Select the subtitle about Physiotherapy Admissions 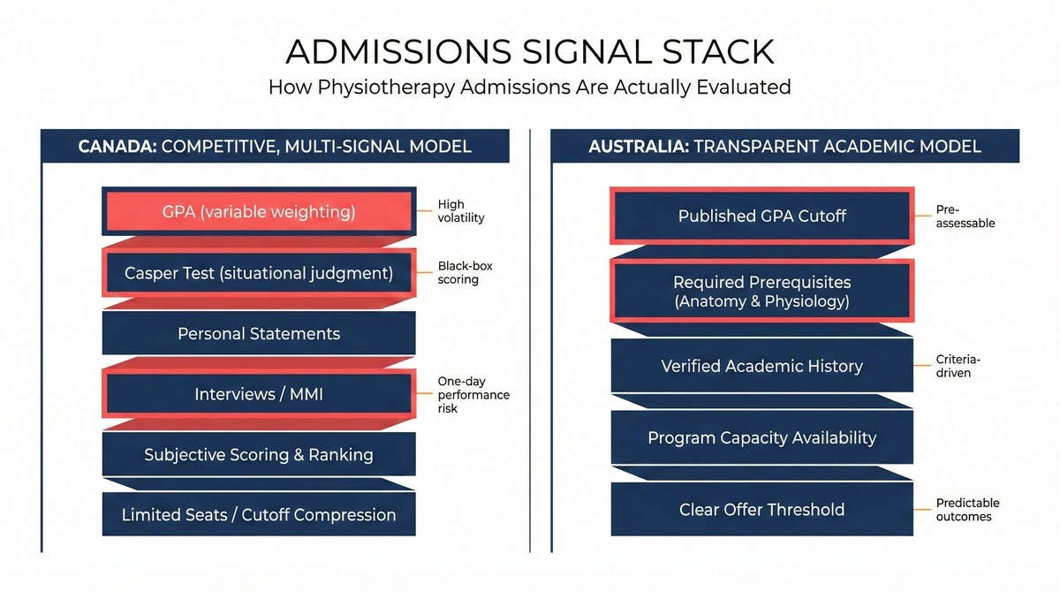[x=530, y=87]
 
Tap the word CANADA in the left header [x=116, y=146]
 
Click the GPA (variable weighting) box [x=259, y=212]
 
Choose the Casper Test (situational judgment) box [x=259, y=273]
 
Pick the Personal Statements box [x=259, y=334]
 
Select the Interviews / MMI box [x=259, y=394]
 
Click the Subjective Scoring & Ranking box [x=259, y=455]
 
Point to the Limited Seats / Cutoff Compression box [x=259, y=514]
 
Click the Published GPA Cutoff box [x=761, y=216]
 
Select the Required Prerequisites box [x=761, y=292]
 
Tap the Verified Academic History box [x=761, y=366]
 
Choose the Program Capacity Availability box [x=761, y=437]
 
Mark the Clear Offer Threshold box [x=761, y=509]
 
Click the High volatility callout [x=461, y=211]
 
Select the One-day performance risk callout [x=473, y=395]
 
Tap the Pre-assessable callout [x=965, y=216]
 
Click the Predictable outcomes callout [x=967, y=510]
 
